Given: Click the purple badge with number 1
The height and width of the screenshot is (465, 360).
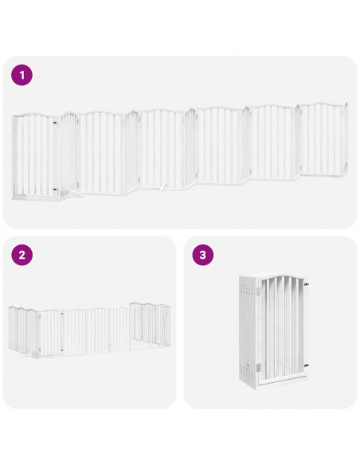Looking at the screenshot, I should (22, 76).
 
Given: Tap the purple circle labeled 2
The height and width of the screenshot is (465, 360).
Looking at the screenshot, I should (22, 256).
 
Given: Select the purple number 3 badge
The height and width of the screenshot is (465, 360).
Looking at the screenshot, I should (203, 256).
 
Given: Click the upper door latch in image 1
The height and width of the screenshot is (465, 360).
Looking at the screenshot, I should (53, 124).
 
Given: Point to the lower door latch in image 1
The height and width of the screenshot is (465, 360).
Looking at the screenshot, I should (53, 190).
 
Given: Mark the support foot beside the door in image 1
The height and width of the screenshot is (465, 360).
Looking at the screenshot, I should (77, 191).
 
